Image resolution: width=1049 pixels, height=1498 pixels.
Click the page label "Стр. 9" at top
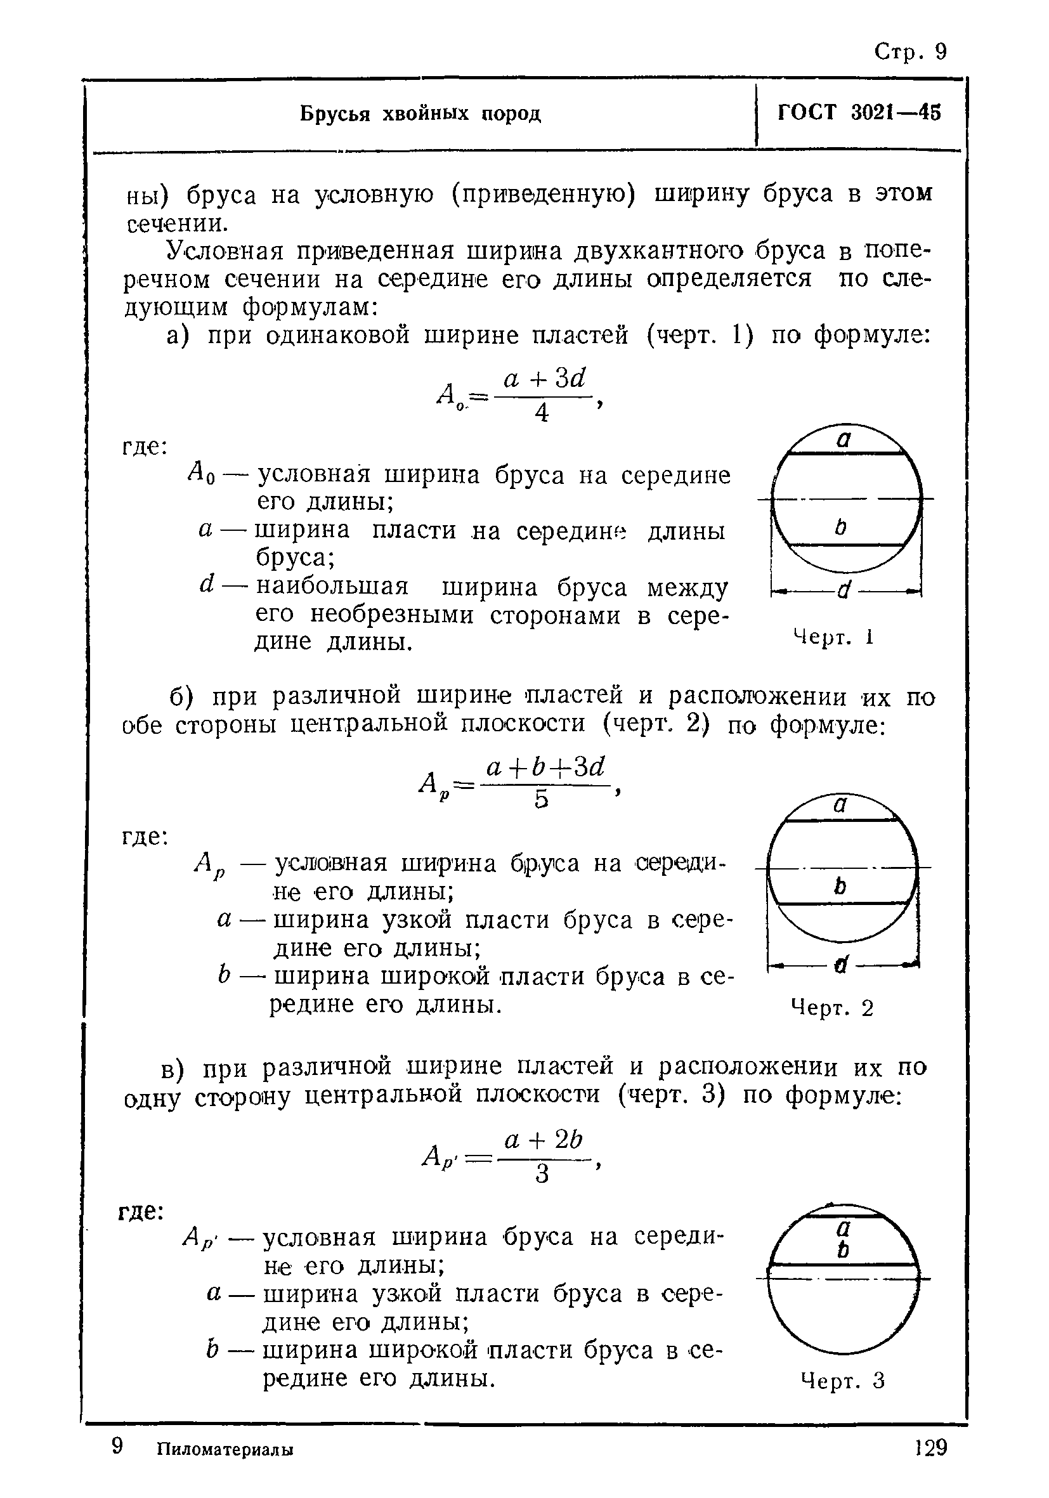(909, 51)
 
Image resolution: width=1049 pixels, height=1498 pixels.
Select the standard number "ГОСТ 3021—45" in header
(859, 113)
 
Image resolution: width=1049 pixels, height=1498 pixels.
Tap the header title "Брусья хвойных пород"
(420, 114)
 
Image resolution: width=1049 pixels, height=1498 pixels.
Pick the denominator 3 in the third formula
(542, 1175)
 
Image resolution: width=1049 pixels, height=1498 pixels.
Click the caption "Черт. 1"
(833, 637)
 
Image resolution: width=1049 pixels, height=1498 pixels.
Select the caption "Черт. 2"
(831, 1008)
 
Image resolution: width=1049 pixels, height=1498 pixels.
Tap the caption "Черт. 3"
(842, 1381)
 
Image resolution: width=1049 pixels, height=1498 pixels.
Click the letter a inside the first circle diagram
(844, 440)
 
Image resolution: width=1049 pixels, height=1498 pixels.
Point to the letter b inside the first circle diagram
(840, 526)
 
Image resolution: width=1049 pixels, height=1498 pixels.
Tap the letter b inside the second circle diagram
(841, 886)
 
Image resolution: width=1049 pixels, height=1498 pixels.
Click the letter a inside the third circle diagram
(843, 1228)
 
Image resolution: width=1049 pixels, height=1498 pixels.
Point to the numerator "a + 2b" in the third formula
(543, 1140)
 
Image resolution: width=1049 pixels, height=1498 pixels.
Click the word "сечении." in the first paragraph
(177, 224)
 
